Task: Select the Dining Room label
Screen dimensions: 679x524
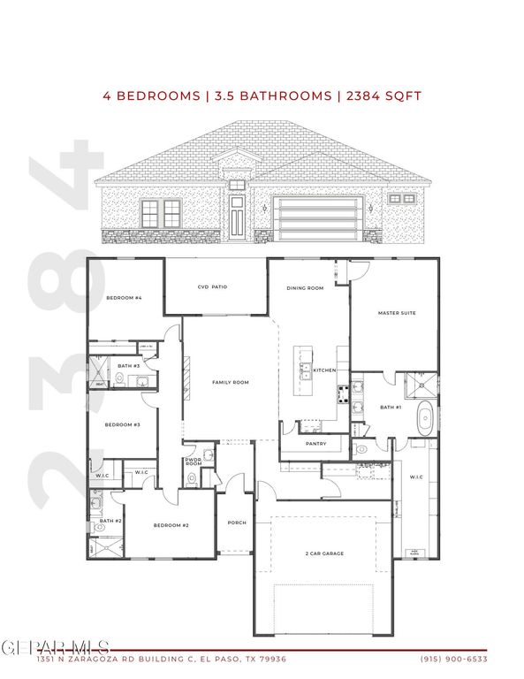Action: (305, 288)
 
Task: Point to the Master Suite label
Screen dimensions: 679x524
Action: (396, 313)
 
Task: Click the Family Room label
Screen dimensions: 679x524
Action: (231, 382)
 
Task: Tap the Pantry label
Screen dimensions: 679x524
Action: (315, 444)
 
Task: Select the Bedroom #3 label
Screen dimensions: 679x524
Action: (123, 425)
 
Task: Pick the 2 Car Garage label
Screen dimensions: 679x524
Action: (325, 553)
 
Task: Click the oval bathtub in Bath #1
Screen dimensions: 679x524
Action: (426, 416)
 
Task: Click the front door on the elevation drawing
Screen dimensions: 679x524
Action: (237, 219)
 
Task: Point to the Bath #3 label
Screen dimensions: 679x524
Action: (129, 365)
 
